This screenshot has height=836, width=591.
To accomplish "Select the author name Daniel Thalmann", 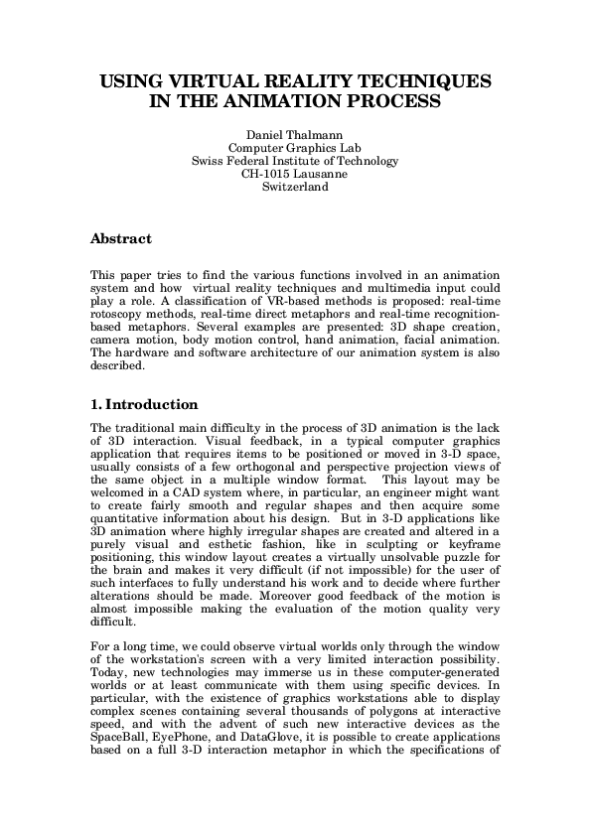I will (x=294, y=134).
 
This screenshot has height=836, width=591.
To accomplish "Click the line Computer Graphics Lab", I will (x=294, y=147).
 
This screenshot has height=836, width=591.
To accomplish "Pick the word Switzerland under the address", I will (x=294, y=186).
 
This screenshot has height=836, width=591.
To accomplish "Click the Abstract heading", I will (x=120, y=239).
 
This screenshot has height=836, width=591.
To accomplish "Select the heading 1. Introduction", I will (x=144, y=404).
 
